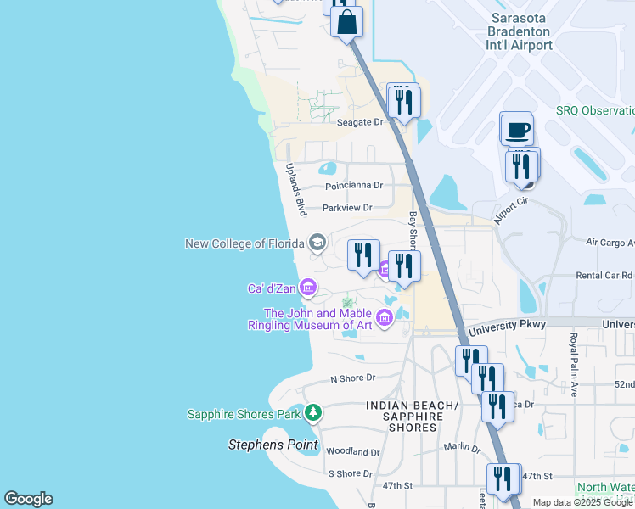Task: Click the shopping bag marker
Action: click(x=347, y=22)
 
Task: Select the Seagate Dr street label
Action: click(x=361, y=122)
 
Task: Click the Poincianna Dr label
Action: click(x=354, y=186)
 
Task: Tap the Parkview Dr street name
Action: click(x=347, y=208)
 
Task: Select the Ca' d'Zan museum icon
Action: click(x=308, y=289)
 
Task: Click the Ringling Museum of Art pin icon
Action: click(x=385, y=319)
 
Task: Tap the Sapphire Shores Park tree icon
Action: click(x=314, y=413)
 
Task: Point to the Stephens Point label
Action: click(x=273, y=445)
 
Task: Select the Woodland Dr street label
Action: click(x=352, y=452)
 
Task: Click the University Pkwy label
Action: click(x=503, y=324)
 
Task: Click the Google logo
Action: click(x=28, y=499)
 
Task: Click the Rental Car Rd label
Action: click(x=604, y=276)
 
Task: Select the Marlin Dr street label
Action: click(x=462, y=447)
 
